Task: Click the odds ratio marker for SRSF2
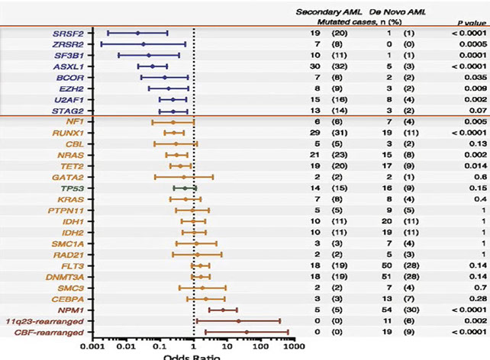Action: pyautogui.click(x=137, y=33)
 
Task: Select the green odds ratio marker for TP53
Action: pyautogui.click(x=184, y=188)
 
